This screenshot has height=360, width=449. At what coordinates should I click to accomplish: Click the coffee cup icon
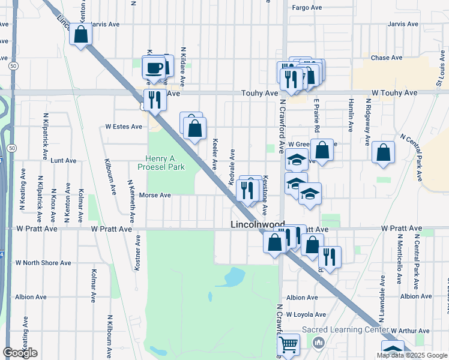(x=154, y=67)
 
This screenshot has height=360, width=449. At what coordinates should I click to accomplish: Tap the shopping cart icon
(x=289, y=345)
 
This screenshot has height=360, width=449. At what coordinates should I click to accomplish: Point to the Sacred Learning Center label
(x=344, y=329)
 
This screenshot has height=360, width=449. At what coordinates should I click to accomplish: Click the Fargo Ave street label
(x=307, y=8)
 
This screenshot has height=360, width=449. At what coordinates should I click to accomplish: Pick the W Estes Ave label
(x=124, y=127)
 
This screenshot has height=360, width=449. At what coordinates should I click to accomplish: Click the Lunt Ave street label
(x=64, y=161)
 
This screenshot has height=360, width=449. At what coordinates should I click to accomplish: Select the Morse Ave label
(x=155, y=195)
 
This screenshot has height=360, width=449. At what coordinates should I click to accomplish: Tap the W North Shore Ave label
(x=43, y=263)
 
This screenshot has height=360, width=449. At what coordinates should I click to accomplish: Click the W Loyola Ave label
(x=306, y=314)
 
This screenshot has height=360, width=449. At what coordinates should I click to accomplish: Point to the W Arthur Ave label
(x=410, y=331)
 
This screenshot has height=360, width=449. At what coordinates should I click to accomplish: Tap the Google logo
(x=20, y=353)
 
